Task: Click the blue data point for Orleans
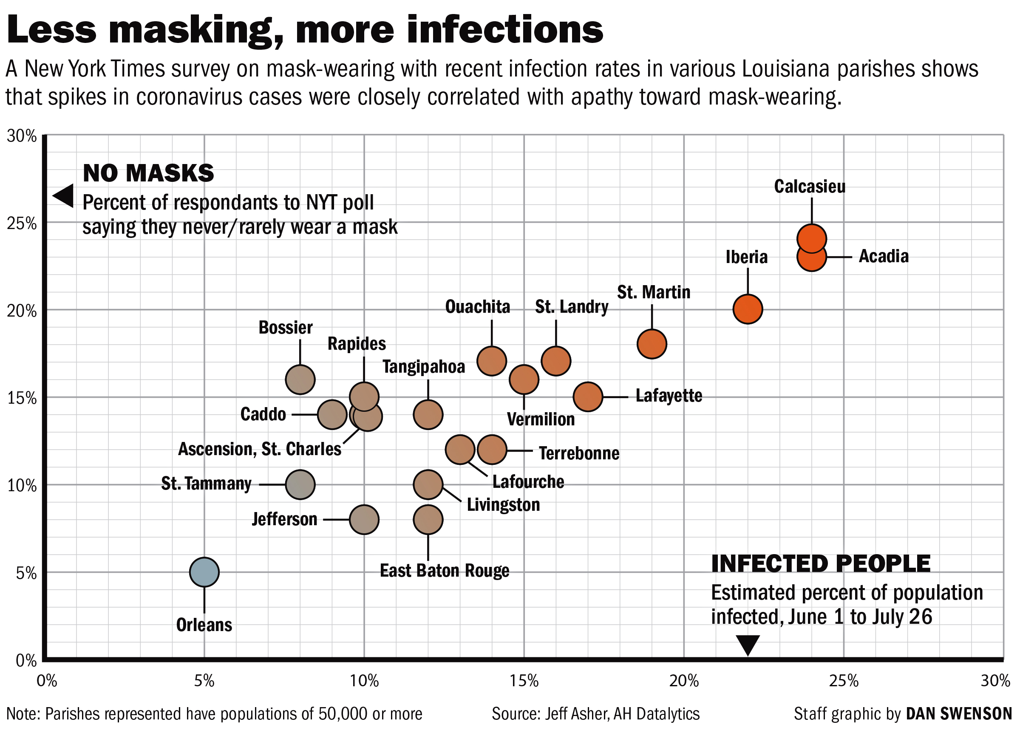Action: (204, 572)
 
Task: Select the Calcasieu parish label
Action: (810, 187)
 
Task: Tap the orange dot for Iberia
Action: (748, 309)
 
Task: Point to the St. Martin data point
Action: (652, 344)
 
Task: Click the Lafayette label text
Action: (669, 396)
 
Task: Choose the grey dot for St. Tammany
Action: (300, 485)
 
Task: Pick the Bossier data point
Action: (300, 379)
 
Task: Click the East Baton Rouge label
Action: (445, 571)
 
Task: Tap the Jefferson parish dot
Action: (364, 519)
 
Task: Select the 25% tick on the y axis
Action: (22, 224)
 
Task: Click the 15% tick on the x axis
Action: (524, 681)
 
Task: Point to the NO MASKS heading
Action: (148, 173)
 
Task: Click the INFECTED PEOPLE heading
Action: (821, 564)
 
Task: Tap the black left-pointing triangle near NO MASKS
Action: (64, 195)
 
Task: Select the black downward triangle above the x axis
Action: (748, 645)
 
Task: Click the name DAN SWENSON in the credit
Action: (958, 714)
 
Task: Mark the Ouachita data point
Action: (492, 361)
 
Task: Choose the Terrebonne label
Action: (579, 453)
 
